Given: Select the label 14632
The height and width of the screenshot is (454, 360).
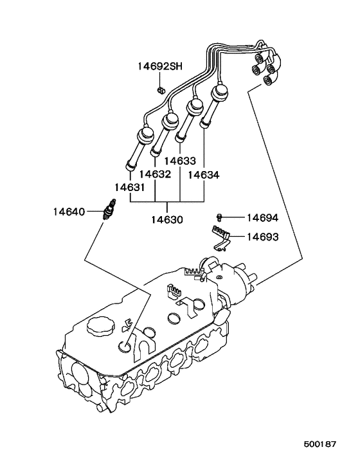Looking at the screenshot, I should tap(154, 174).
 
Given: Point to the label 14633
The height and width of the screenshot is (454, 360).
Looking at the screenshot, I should tap(179, 162).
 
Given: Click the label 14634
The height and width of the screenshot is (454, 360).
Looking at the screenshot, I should tap(204, 174).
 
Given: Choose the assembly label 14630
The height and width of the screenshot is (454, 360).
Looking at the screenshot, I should tap(167, 219).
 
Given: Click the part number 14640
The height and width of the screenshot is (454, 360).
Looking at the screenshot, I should tap(68, 210).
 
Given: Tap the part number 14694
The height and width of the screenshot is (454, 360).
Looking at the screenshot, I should tap(263, 218).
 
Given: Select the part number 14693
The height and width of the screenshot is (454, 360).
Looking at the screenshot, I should tap(263, 237).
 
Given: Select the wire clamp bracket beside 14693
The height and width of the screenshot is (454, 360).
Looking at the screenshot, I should tap(221, 236).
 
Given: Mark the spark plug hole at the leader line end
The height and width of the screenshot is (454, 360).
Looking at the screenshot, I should tap(126, 347).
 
